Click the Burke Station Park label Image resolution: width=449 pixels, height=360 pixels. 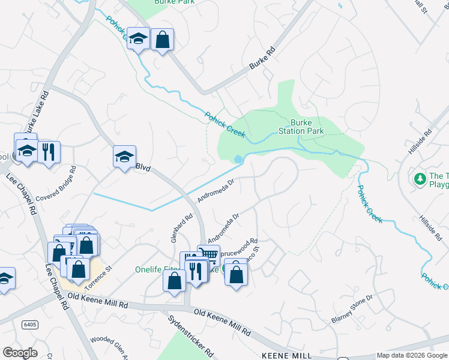(301, 126)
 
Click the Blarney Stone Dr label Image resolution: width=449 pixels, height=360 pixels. (352, 309)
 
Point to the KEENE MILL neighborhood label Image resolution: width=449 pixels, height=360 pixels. (287, 356)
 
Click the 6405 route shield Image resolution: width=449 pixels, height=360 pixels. (29, 325)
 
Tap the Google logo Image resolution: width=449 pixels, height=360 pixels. (20, 353)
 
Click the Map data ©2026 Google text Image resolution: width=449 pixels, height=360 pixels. (412, 356)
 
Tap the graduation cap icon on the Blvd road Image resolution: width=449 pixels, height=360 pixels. (125, 157)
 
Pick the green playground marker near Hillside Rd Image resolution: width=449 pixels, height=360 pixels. (420, 179)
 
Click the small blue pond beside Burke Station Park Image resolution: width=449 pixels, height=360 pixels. (239, 159)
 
